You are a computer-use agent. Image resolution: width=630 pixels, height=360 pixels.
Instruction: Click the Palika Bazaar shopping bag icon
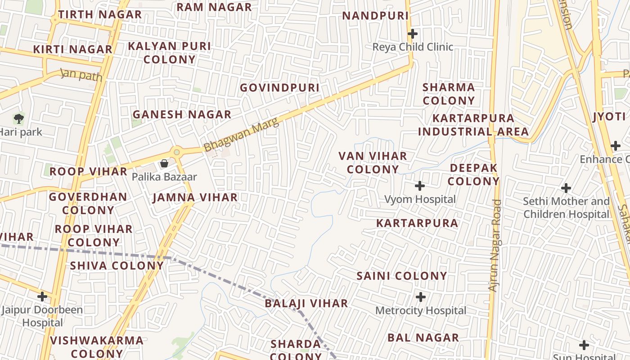pyautogui.click(x=164, y=163)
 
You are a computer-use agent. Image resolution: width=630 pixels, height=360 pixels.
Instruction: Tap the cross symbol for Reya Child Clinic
pyautogui.click(x=412, y=34)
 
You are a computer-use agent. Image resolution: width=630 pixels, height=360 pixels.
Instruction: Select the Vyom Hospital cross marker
pyautogui.click(x=420, y=186)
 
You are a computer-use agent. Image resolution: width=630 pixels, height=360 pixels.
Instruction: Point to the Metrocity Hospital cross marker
pyautogui.click(x=421, y=297)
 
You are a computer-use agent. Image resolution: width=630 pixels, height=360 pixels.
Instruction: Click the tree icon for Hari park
pyautogui.click(x=18, y=119)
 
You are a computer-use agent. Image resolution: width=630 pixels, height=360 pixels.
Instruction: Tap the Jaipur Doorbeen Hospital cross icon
pyautogui.click(x=42, y=297)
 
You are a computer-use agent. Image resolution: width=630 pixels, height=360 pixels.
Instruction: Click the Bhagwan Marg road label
pyautogui.click(x=241, y=135)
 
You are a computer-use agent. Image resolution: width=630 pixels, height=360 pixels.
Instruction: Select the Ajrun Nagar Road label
pyautogui.click(x=495, y=245)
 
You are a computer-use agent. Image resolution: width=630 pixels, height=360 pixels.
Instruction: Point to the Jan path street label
pyautogui.click(x=81, y=75)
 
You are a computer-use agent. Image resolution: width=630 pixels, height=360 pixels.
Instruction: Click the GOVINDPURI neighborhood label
pyautogui.click(x=279, y=88)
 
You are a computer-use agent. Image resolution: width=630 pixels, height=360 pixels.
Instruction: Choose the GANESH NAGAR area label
pyautogui.click(x=182, y=115)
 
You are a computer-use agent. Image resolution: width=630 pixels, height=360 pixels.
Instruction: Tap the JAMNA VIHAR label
pyautogui.click(x=195, y=198)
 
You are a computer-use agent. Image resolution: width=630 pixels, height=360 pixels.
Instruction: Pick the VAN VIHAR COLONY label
pyautogui.click(x=373, y=163)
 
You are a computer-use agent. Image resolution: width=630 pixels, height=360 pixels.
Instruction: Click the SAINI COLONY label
pyautogui.click(x=402, y=276)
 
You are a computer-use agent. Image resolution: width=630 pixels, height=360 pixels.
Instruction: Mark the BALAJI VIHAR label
pyautogui.click(x=306, y=303)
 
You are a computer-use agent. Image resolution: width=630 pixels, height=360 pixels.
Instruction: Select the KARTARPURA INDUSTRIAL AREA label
pyautogui.click(x=473, y=125)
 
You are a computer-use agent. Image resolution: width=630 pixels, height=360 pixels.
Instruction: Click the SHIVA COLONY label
pyautogui.click(x=117, y=265)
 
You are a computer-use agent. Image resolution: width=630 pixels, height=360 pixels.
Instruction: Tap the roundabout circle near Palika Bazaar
pyautogui.click(x=177, y=152)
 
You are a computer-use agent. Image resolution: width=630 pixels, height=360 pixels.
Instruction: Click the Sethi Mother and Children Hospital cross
pyautogui.click(x=566, y=188)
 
